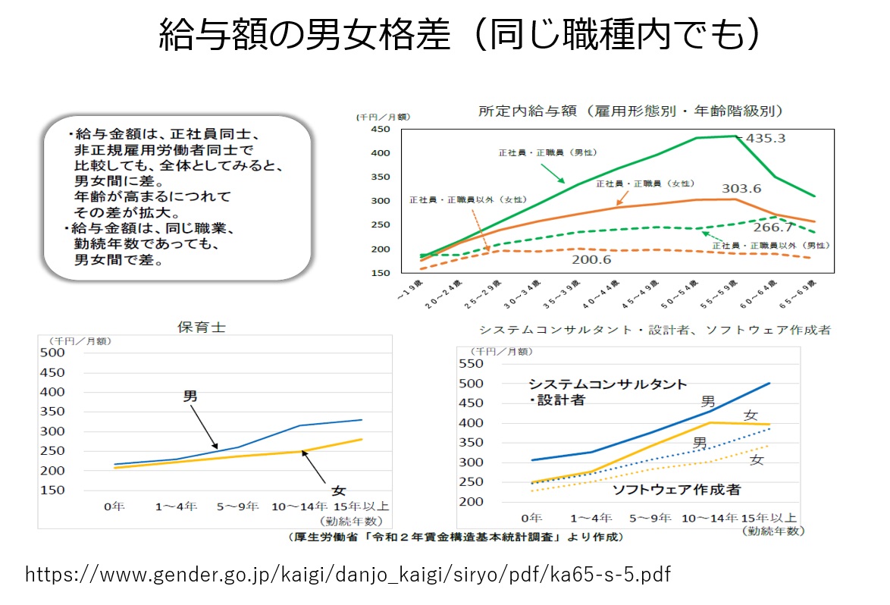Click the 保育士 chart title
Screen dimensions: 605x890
[201, 327]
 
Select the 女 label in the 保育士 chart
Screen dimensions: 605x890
[339, 491]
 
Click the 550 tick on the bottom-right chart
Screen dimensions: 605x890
[471, 364]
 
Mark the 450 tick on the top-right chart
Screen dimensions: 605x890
[379, 130]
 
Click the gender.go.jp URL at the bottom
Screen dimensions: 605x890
[348, 574]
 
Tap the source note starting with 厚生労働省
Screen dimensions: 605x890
[455, 537]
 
